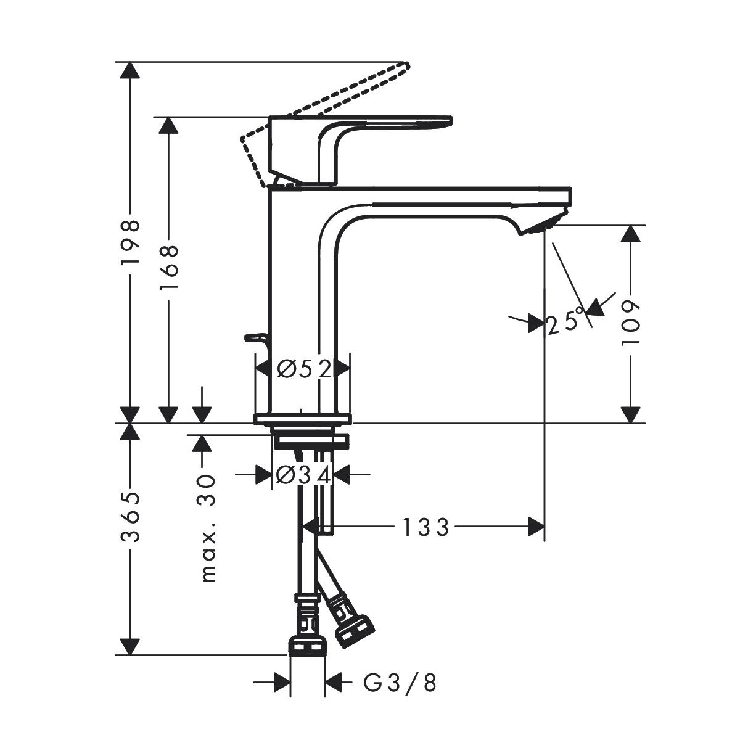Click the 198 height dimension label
130,242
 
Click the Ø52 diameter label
304,369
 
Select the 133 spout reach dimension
425,527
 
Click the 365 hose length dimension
130,517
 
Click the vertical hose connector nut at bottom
306,646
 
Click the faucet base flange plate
302,419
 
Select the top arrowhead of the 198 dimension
130,70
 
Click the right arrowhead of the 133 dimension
536,527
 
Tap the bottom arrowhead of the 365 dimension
130,647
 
